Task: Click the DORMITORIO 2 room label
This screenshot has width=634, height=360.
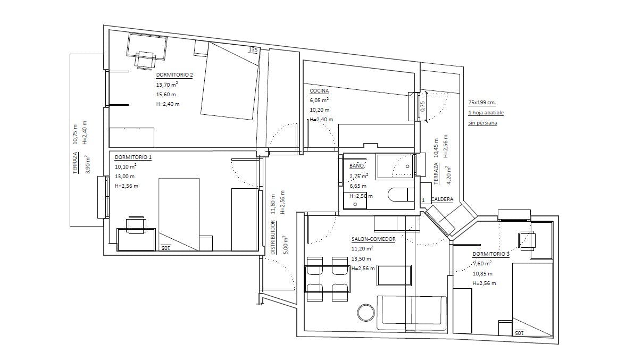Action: tap(174, 75)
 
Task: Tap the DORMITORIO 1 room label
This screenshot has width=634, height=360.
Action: tap(133, 157)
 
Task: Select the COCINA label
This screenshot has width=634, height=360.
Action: tap(320, 91)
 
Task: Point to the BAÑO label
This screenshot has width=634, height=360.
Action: tap(357, 166)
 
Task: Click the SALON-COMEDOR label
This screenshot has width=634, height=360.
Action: tap(373, 239)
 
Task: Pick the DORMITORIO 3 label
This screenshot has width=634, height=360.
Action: tap(491, 254)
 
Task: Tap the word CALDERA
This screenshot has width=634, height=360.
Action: tap(442, 199)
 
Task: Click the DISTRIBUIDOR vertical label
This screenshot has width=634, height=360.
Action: tap(273, 237)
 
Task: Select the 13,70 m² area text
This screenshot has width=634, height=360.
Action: tap(167, 85)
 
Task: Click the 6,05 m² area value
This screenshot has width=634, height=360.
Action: tap(319, 100)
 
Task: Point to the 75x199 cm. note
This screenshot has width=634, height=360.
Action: tap(482, 103)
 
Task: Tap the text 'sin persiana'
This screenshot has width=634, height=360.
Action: tap(482, 123)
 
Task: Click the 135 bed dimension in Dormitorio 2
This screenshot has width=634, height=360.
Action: tap(253, 49)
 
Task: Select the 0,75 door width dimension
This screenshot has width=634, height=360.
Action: tap(423, 106)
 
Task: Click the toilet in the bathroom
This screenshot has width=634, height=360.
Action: tap(401, 194)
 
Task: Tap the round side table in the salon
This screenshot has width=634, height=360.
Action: tap(366, 313)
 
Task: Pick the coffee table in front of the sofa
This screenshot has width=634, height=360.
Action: tap(394, 275)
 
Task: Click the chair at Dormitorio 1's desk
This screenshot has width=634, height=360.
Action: tap(136, 225)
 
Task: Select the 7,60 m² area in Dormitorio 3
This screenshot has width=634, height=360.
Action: tap(482, 263)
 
